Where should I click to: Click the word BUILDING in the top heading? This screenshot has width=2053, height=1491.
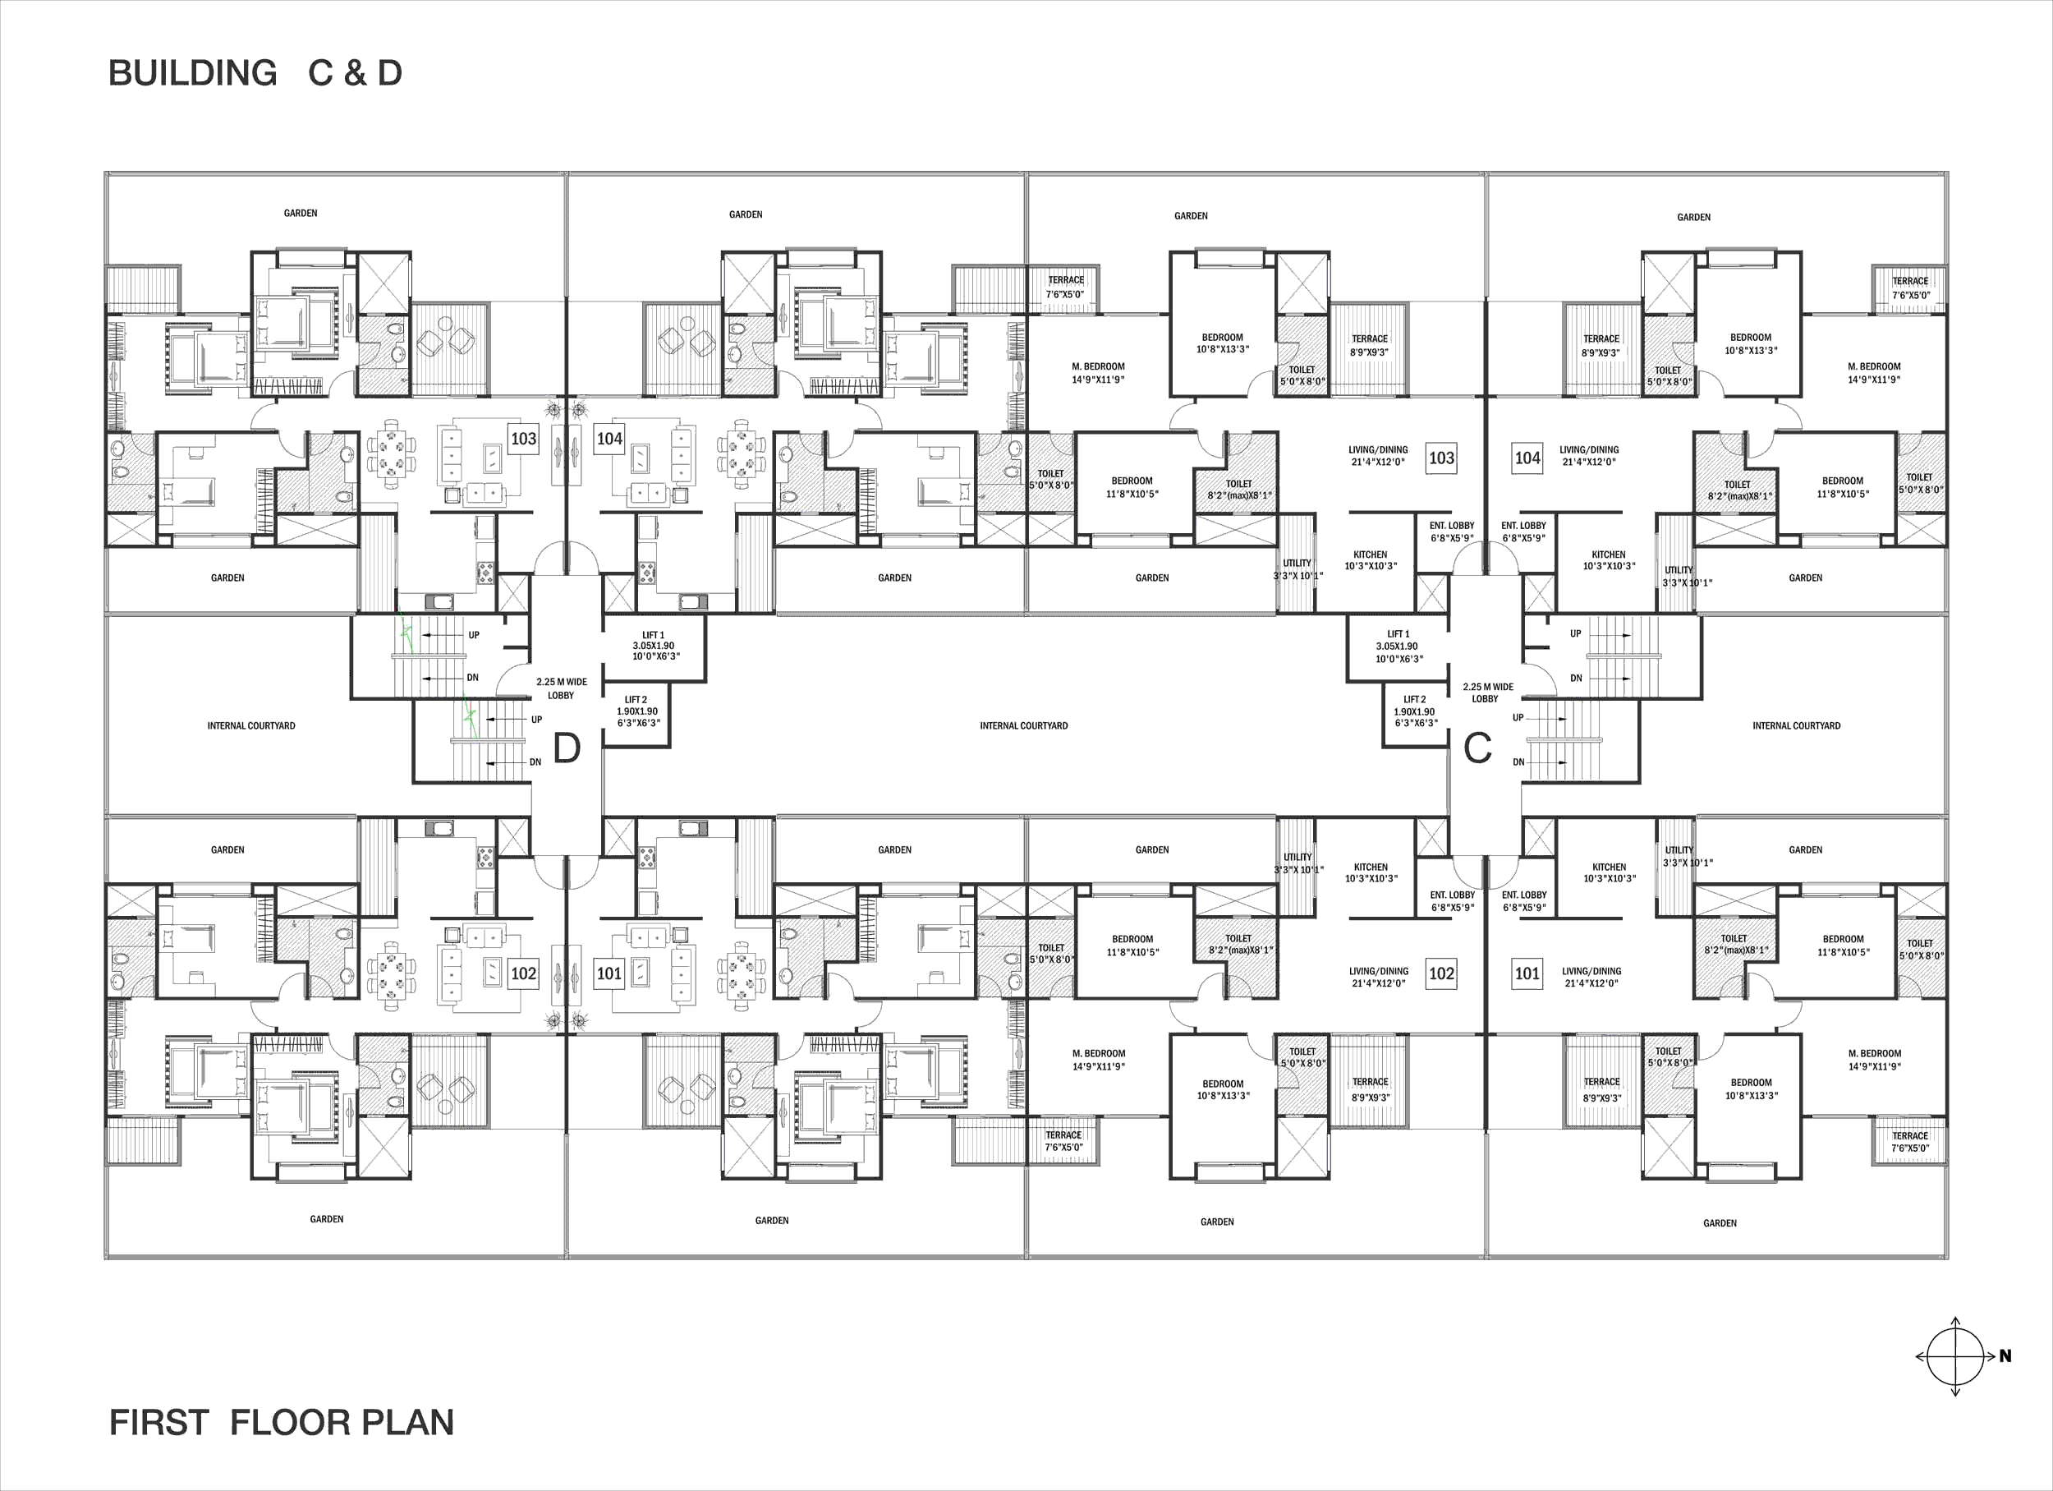(x=193, y=73)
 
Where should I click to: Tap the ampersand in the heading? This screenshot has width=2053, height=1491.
(x=355, y=73)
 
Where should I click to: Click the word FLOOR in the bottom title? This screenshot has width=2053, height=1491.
(x=282, y=1422)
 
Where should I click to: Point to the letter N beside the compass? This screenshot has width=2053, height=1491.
(x=2005, y=1356)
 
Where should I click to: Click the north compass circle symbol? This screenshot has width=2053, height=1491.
(x=1955, y=1356)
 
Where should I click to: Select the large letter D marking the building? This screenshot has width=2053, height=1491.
(x=567, y=748)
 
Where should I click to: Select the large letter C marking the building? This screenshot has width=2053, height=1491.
(x=1477, y=748)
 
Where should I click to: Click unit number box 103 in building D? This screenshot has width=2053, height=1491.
(x=523, y=439)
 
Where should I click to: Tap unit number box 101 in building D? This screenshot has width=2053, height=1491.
(x=609, y=973)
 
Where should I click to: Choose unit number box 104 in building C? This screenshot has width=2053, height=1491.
(x=1528, y=458)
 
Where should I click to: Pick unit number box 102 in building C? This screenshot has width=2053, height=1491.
(x=1441, y=973)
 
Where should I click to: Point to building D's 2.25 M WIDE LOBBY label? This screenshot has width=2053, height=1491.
(x=561, y=688)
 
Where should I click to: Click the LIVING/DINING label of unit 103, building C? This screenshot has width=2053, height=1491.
(x=1378, y=455)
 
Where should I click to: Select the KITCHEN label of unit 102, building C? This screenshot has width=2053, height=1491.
(x=1371, y=872)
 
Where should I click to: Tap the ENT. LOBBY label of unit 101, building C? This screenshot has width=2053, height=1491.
(x=1524, y=900)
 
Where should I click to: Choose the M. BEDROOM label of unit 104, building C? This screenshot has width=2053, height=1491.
(x=1874, y=373)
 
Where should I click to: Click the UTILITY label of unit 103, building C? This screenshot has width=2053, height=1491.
(x=1297, y=569)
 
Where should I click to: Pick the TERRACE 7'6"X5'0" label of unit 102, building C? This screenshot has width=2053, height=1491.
(x=1063, y=1141)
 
